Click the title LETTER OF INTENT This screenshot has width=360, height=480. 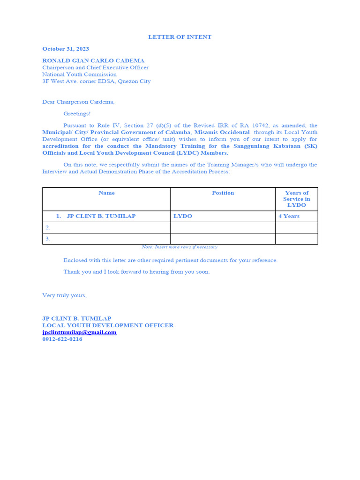pyautogui.click(x=180, y=37)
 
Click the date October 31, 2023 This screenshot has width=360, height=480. pyautogui.click(x=66, y=49)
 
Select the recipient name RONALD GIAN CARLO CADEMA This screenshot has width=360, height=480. pyautogui.click(x=93, y=60)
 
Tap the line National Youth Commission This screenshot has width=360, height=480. pyautogui.click(x=79, y=74)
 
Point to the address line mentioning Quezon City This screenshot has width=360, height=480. pyautogui.click(x=97, y=81)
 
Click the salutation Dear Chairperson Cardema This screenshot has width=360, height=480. pyautogui.click(x=78, y=102)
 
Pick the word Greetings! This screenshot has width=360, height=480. pyautogui.click(x=77, y=113)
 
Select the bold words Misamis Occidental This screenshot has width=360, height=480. pyautogui.click(x=222, y=133)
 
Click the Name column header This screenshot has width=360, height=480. pyautogui.click(x=106, y=193)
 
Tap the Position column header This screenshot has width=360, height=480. pyautogui.click(x=223, y=193)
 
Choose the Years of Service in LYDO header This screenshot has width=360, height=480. pyautogui.click(x=296, y=199)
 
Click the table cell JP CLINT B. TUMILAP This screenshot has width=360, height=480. pyautogui.click(x=101, y=216)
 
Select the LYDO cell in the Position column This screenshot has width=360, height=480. pyautogui.click(x=183, y=216)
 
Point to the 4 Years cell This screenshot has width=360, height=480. pyautogui.click(x=289, y=216)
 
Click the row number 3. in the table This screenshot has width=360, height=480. pyautogui.click(x=47, y=239)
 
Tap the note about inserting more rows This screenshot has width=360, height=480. pyautogui.click(x=180, y=247)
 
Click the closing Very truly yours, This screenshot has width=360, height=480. pyautogui.click(x=64, y=295)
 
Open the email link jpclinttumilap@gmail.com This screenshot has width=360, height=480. pyautogui.click(x=79, y=332)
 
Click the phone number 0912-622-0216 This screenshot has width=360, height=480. pyautogui.click(x=62, y=339)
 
